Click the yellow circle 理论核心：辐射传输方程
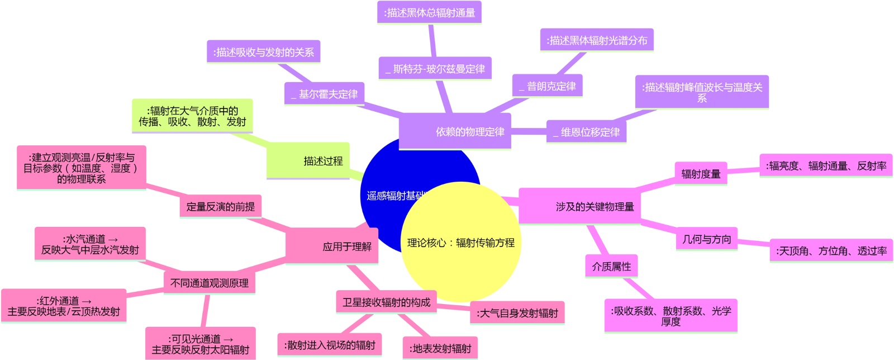click(461, 242)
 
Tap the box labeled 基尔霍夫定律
click(324, 94)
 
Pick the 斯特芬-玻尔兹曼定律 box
click(435, 69)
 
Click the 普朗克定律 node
click(547, 86)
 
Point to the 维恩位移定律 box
click(586, 132)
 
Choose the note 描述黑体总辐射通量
click(429, 12)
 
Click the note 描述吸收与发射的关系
click(263, 52)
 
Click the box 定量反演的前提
click(220, 206)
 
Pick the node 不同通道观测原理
click(210, 283)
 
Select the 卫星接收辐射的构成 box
click(386, 302)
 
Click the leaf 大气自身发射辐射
click(517, 313)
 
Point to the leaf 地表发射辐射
click(440, 348)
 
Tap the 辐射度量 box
click(701, 174)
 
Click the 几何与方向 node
click(706, 239)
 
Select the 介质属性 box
click(611, 266)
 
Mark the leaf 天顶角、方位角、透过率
click(831, 251)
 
